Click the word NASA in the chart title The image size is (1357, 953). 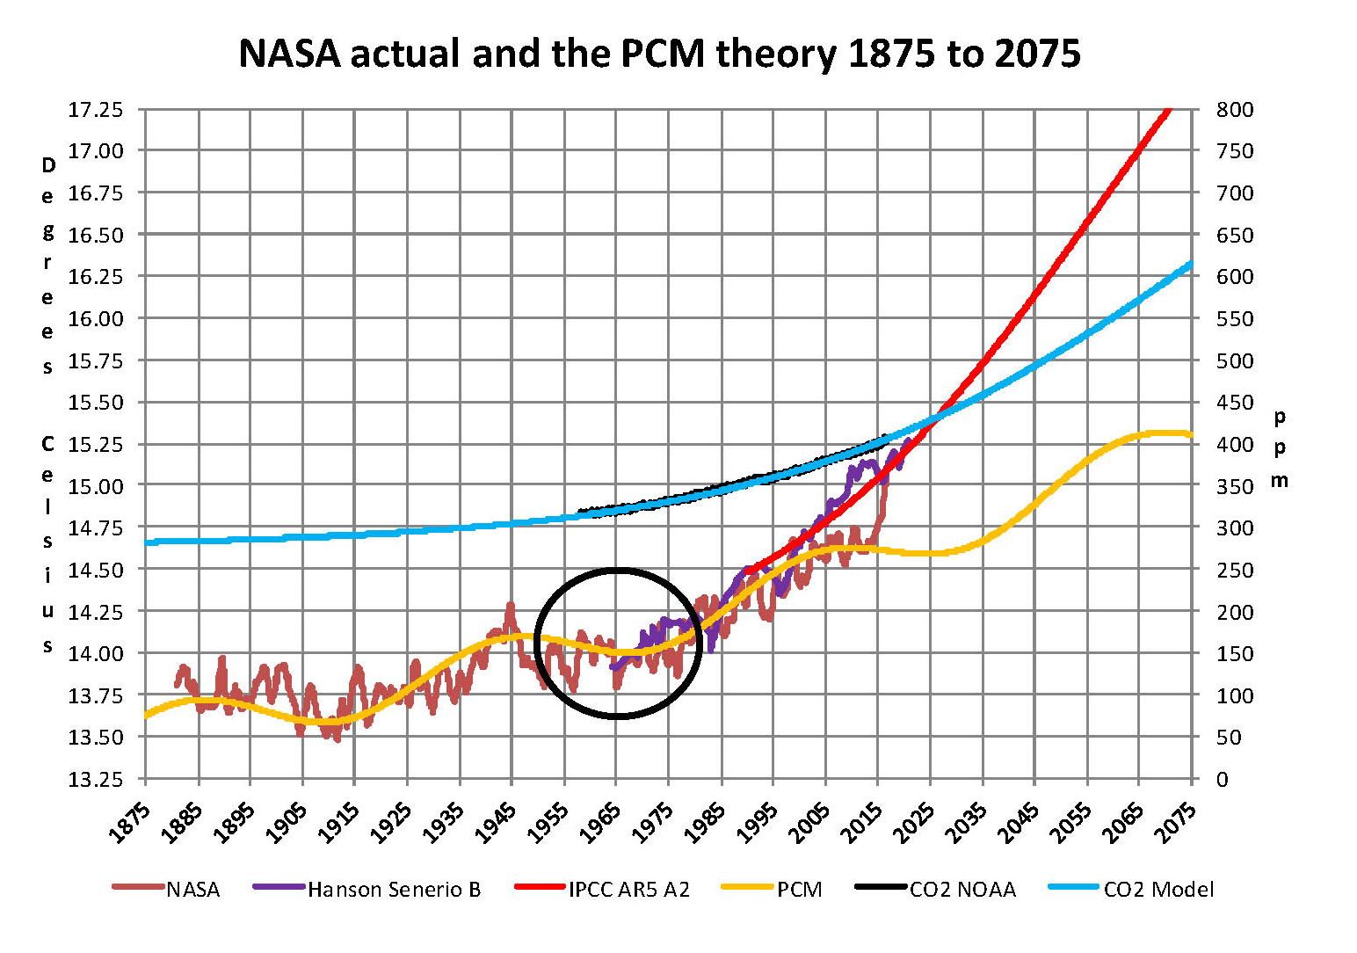[x=289, y=55]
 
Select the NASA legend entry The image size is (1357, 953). [x=192, y=890]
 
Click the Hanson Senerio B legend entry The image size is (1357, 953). [x=394, y=890]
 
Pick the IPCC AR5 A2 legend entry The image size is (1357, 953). [x=628, y=890]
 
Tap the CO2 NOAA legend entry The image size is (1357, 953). [x=962, y=890]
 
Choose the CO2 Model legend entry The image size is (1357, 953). [x=1158, y=890]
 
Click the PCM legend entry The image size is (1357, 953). [x=799, y=890]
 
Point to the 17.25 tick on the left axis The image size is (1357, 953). [x=96, y=110]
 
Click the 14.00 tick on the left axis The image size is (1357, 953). [x=96, y=653]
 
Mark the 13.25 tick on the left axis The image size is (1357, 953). [x=96, y=779]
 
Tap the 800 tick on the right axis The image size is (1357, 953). [x=1235, y=110]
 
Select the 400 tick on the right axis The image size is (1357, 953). [x=1235, y=444]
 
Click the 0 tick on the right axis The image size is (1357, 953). [x=1223, y=779]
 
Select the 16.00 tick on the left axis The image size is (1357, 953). [x=96, y=318]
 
